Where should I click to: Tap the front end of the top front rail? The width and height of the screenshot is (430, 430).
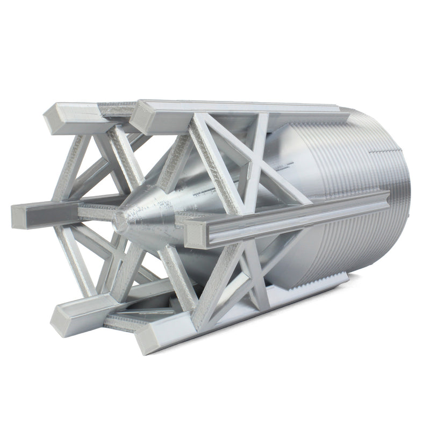tap(142, 115)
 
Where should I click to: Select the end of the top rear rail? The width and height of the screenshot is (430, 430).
tap(56, 116)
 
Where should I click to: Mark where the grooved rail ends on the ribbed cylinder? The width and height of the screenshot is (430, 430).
tap(371, 207)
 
